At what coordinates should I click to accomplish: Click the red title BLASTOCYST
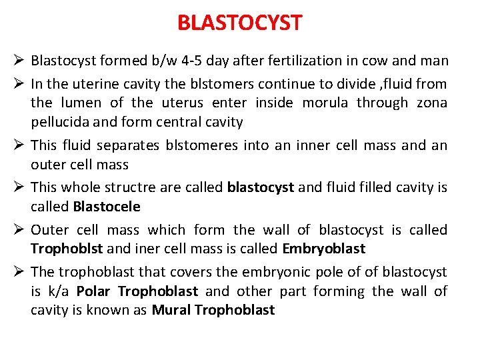point(239,23)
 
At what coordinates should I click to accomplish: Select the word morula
point(326,103)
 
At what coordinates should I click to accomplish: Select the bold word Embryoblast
point(323,249)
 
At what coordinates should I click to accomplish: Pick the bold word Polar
point(94,291)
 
